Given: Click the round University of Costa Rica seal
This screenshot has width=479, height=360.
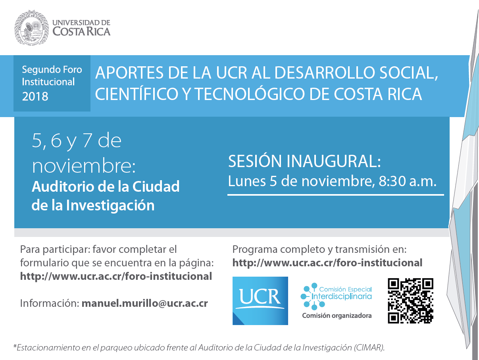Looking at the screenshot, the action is click(x=32, y=28).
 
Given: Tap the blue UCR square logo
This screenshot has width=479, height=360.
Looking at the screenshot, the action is click(x=260, y=301).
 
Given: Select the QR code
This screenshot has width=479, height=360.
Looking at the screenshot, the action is click(x=410, y=300).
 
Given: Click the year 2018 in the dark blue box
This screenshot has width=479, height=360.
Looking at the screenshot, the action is click(x=35, y=96).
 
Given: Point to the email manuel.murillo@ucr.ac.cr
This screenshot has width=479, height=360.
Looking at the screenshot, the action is click(x=145, y=303).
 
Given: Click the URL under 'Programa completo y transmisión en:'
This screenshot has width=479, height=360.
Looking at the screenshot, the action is click(x=327, y=263).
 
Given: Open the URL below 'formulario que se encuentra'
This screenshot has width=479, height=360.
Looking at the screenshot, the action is click(x=116, y=276).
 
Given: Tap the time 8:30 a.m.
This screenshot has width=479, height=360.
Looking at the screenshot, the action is click(x=408, y=181).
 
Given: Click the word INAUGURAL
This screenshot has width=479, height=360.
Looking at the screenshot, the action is click(x=333, y=161).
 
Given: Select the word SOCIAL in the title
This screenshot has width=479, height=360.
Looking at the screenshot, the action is click(x=408, y=73).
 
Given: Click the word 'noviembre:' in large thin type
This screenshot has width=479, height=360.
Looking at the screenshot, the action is click(x=84, y=166).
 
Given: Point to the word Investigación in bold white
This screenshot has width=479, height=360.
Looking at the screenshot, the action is click(x=110, y=205).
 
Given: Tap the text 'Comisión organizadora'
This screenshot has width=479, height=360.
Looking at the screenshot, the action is click(x=337, y=316).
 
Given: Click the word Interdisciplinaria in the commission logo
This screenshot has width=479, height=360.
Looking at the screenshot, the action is click(x=342, y=296).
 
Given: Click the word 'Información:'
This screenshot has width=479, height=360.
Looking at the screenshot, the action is click(x=50, y=303).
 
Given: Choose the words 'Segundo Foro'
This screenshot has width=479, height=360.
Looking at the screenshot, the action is click(x=52, y=70).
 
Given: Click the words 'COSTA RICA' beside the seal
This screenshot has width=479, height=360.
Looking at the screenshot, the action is click(x=81, y=31).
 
